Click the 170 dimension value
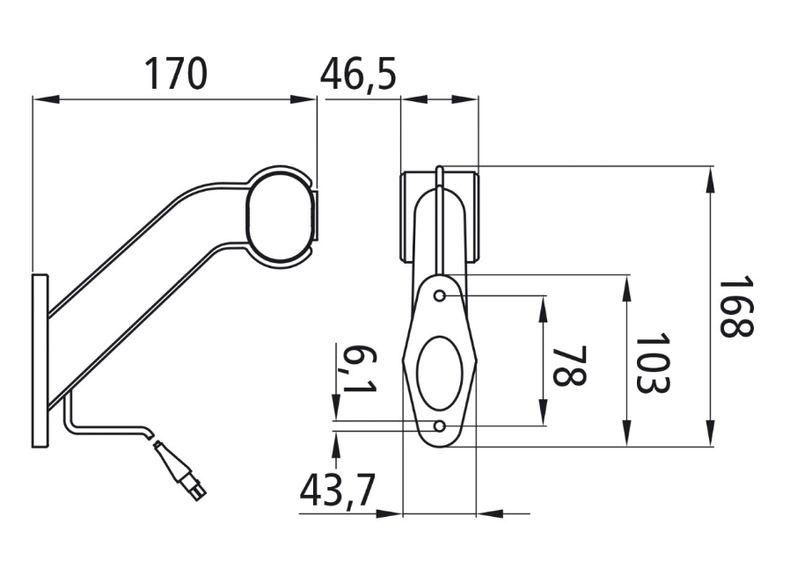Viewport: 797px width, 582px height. click(176, 73)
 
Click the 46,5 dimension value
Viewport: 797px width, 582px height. click(358, 74)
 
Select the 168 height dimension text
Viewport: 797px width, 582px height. click(736, 306)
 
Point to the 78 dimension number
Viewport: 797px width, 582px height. click(569, 366)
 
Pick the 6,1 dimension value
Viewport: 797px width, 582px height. click(359, 369)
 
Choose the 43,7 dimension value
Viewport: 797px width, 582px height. click(337, 491)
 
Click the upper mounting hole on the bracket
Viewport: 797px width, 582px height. click(440, 295)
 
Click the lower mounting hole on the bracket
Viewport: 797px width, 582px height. click(440, 426)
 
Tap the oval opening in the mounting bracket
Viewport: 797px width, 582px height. click(440, 373)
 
